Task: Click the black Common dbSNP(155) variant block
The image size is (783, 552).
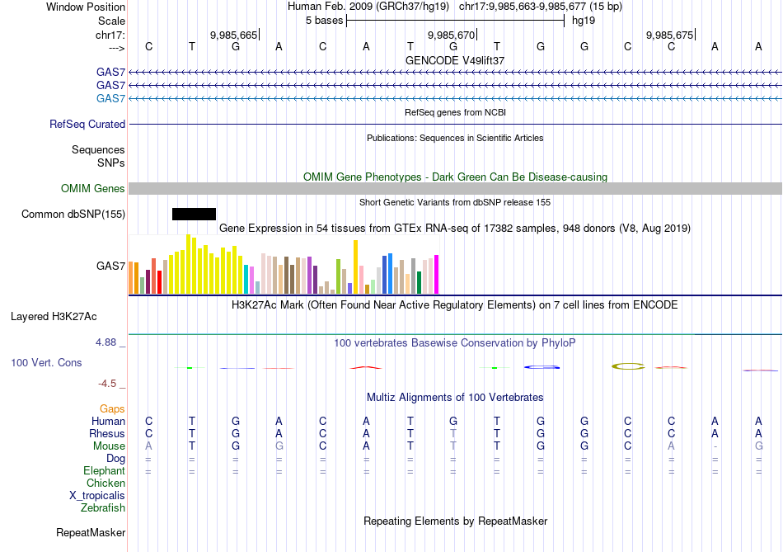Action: pyautogui.click(x=194, y=215)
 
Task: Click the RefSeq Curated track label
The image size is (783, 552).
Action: pyautogui.click(x=87, y=125)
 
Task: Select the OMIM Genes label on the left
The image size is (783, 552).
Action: pyautogui.click(x=93, y=189)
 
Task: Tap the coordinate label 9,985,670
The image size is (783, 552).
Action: pyautogui.click(x=452, y=35)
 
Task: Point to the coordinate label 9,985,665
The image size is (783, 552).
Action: pyautogui.click(x=233, y=35)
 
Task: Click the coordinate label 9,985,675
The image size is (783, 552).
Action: pyautogui.click(x=669, y=35)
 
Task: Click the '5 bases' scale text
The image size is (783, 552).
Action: pyautogui.click(x=321, y=21)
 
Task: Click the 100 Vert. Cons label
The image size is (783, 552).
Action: pyautogui.click(x=46, y=363)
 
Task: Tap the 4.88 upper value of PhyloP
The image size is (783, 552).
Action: pyautogui.click(x=110, y=342)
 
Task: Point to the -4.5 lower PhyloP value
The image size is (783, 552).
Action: pyautogui.click(x=110, y=384)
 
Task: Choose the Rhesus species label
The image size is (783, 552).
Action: pyautogui.click(x=107, y=433)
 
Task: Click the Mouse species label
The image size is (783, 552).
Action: pyautogui.click(x=109, y=446)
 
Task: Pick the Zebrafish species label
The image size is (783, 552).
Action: pyautogui.click(x=104, y=508)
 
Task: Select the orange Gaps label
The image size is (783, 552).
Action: pyautogui.click(x=112, y=408)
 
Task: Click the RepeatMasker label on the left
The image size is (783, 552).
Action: pyautogui.click(x=90, y=533)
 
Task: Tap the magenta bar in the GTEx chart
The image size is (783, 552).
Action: pyautogui.click(x=436, y=274)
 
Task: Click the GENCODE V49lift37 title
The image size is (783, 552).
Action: pyautogui.click(x=455, y=61)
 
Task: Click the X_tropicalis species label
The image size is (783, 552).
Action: pyautogui.click(x=97, y=496)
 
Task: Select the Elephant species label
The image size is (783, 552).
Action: pyautogui.click(x=104, y=471)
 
